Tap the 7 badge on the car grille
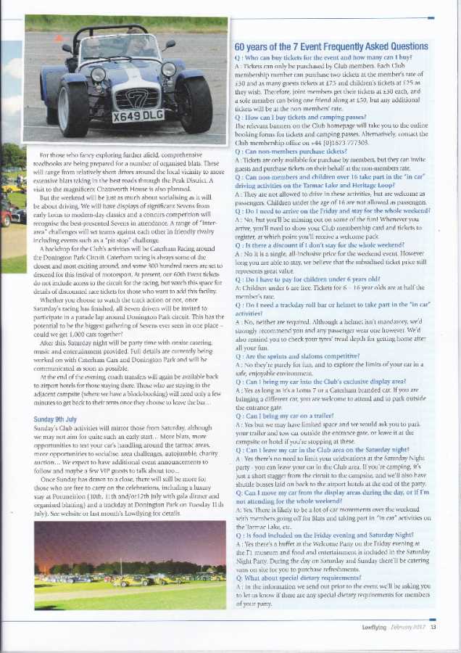(x=137, y=97)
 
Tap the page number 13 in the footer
(x=433, y=627)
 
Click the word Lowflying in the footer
(x=377, y=627)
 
